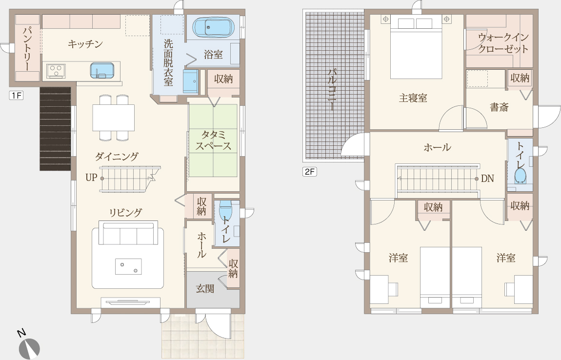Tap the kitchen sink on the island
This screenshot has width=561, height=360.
pyautogui.click(x=102, y=71)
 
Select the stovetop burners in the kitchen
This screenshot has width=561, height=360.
pyautogui.click(x=56, y=71)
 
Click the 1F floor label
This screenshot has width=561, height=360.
pyautogui.click(x=16, y=96)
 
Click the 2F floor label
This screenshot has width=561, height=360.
pyautogui.click(x=310, y=171)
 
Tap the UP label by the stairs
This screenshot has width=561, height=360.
pyautogui.click(x=91, y=178)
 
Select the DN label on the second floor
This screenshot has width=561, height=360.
pyautogui.click(x=487, y=179)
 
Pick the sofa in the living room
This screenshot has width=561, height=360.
pyautogui.click(x=128, y=233)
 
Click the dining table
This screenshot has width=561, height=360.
pyautogui.click(x=114, y=118)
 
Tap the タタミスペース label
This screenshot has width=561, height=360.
pyautogui.click(x=213, y=140)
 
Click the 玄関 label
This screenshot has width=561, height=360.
pyautogui.click(x=205, y=289)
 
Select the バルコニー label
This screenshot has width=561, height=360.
pyautogui.click(x=332, y=90)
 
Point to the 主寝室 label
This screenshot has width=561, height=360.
pyautogui.click(x=413, y=98)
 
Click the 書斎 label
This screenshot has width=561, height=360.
pyautogui.click(x=499, y=107)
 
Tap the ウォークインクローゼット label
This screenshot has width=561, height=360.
pyautogui.click(x=503, y=43)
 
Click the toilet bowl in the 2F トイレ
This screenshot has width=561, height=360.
pyautogui.click(x=520, y=176)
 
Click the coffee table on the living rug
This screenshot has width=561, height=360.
pyautogui.click(x=128, y=267)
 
